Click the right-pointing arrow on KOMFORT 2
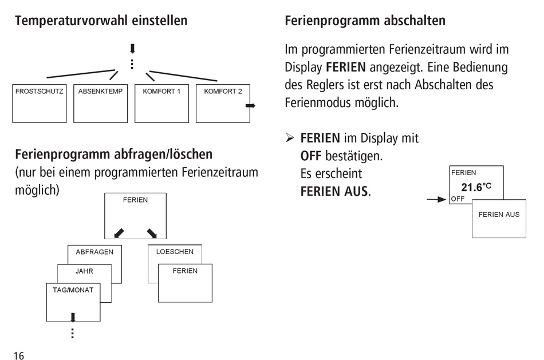pyautogui.click(x=250, y=105)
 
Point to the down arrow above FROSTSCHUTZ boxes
pyautogui.click(x=132, y=49)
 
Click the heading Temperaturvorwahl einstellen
pyautogui.click(x=101, y=21)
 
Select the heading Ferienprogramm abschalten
pyautogui.click(x=365, y=21)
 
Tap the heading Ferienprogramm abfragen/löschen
pyautogui.click(x=114, y=154)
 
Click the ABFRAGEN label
pyautogui.click(x=94, y=252)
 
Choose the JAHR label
pyautogui.click(x=84, y=271)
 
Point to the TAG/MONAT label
pyautogui.click(x=73, y=290)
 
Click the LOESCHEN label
pyautogui.click(x=175, y=251)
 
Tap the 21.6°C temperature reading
pyautogui.click(x=476, y=187)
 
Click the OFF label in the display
pyautogui.click(x=458, y=199)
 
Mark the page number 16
pyautogui.click(x=19, y=355)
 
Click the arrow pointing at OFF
pyautogui.click(x=436, y=199)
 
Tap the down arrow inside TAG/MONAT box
pyautogui.click(x=73, y=317)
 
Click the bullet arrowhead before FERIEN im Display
pyautogui.click(x=290, y=138)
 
